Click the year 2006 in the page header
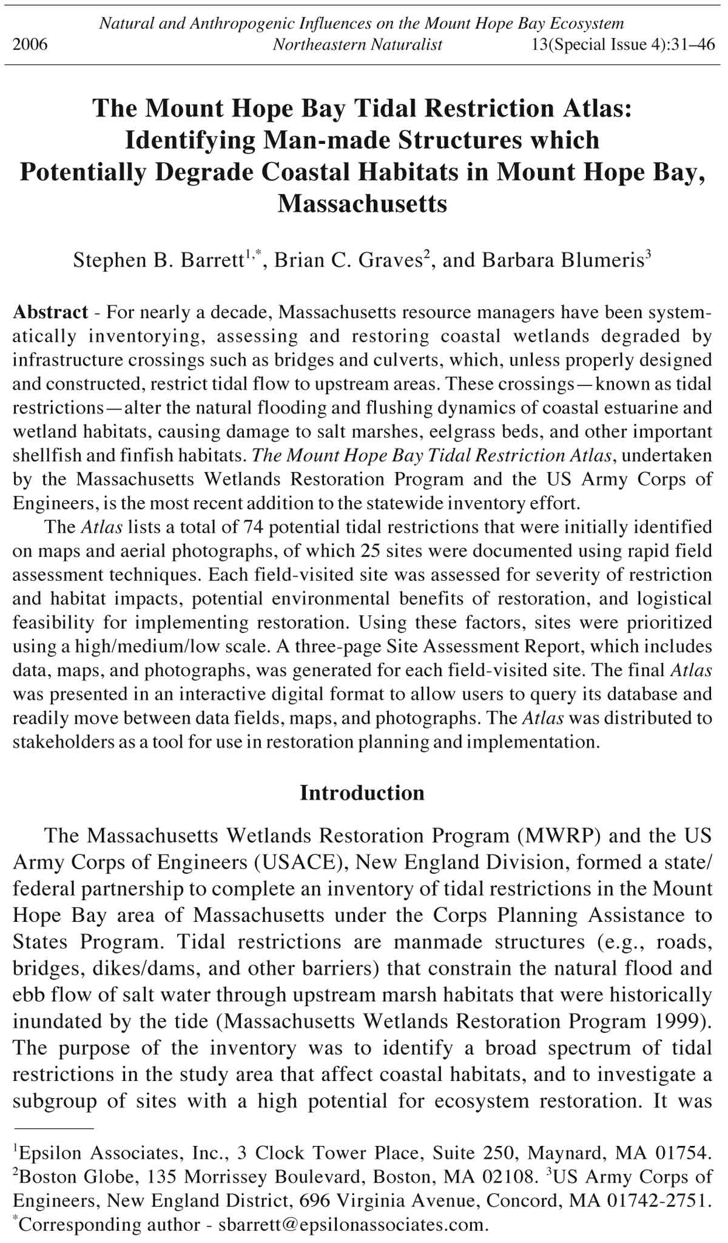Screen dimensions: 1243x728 [x=30, y=45]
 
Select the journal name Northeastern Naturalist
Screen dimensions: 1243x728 [x=357, y=45]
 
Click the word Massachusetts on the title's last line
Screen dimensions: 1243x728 [x=362, y=204]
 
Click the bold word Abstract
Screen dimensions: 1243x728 [x=50, y=313]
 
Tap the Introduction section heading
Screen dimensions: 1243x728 [x=362, y=793]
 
